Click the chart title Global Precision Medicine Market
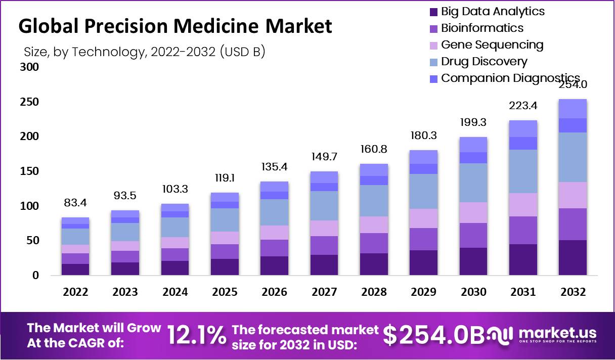coord(175,26)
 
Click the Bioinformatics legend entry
coord(481,28)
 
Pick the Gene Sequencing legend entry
coord(492,44)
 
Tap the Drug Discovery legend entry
coord(484,61)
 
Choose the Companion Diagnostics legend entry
coord(510,78)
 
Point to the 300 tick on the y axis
coord(29,67)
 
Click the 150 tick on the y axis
coord(29,171)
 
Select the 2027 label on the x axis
coord(324,292)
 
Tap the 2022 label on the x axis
coord(75,292)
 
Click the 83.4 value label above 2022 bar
coord(75,203)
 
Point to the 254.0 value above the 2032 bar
coord(573,84)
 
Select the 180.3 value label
coord(424,136)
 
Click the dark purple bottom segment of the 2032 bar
coord(572,257)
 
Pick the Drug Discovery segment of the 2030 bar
coord(473,183)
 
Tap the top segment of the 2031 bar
coord(522,128)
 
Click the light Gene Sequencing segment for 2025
coord(225,238)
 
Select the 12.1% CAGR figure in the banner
coord(196,335)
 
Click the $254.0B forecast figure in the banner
coord(433,335)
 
